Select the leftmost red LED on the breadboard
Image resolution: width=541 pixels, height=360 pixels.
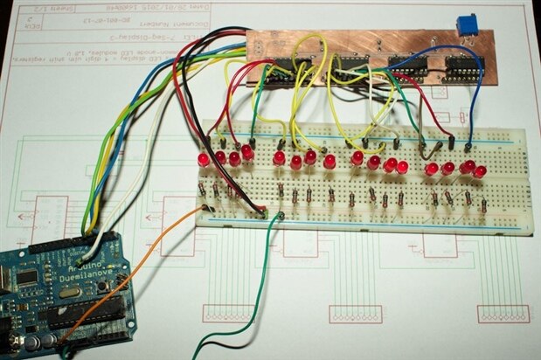click(x=203, y=161)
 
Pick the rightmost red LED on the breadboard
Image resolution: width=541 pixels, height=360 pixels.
click(x=480, y=171)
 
